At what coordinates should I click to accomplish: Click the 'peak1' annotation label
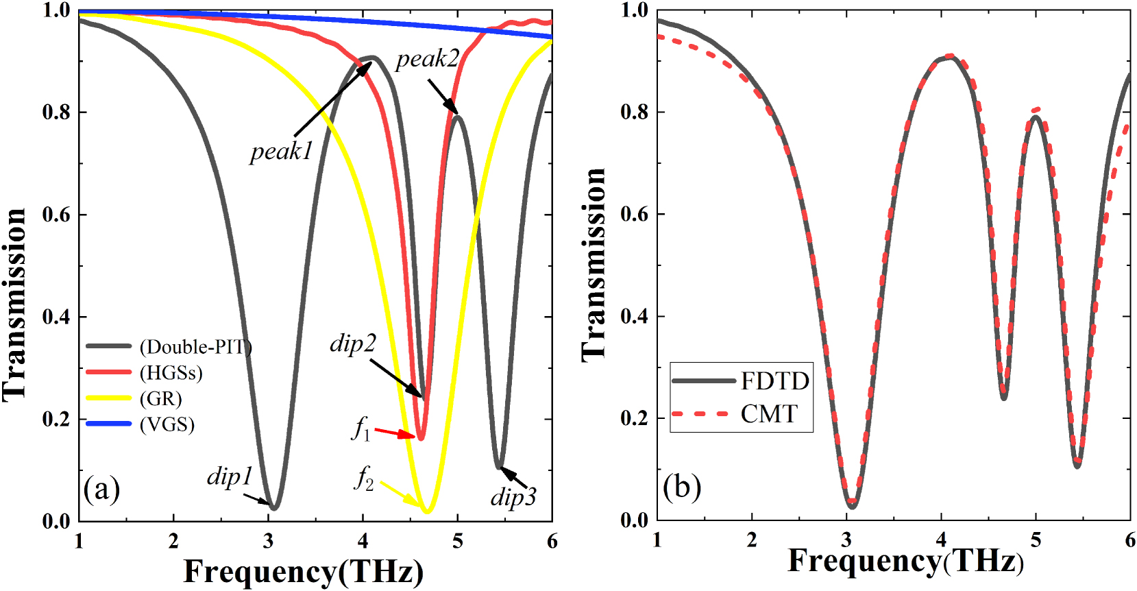click(281, 152)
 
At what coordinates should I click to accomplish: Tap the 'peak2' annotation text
click(427, 60)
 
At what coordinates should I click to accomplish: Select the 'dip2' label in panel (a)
click(352, 343)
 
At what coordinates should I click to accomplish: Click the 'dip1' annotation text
click(230, 477)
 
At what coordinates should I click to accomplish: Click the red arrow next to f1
click(395, 433)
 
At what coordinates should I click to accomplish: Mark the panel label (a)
click(101, 490)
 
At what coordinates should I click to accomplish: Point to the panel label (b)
click(681, 487)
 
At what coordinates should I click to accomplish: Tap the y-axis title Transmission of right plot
click(594, 264)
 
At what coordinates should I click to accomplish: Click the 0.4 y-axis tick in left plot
click(56, 317)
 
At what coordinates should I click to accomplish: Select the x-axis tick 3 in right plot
click(846, 541)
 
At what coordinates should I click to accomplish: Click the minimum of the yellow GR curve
click(427, 511)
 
